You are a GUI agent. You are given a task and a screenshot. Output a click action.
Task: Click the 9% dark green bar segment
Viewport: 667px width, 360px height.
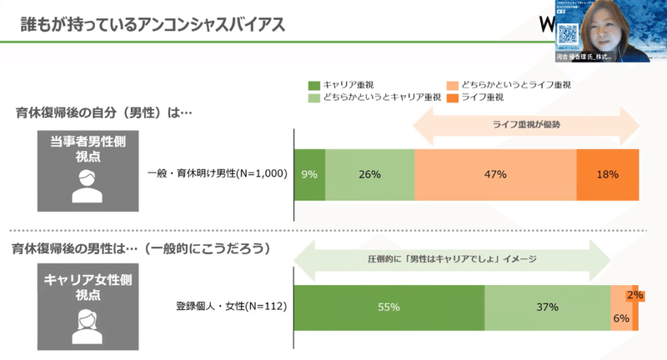click(x=309, y=174)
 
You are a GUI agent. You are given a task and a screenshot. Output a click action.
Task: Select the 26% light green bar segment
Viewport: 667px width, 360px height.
click(x=369, y=174)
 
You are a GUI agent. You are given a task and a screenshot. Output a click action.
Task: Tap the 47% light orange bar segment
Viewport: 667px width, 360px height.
click(x=494, y=174)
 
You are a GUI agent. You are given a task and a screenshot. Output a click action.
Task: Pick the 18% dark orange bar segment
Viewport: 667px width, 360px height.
click(x=607, y=174)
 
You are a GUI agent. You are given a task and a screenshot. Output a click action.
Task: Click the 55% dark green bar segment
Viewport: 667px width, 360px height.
click(x=389, y=307)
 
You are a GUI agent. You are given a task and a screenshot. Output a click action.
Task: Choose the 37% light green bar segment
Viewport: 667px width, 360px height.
click(x=546, y=307)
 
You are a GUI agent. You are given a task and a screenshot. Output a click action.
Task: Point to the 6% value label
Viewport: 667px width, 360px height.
click(x=621, y=317)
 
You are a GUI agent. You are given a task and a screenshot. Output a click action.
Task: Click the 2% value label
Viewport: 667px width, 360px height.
click(x=636, y=295)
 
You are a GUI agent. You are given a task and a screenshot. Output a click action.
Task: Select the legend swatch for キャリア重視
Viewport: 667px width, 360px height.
click(x=314, y=85)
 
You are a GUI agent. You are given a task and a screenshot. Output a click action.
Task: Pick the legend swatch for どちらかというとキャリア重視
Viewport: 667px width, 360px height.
click(x=314, y=97)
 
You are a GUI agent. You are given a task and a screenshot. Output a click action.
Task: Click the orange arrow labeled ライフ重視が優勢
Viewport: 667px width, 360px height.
click(x=526, y=126)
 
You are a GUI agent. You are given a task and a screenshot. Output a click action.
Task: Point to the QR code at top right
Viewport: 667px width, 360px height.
click(x=568, y=34)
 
